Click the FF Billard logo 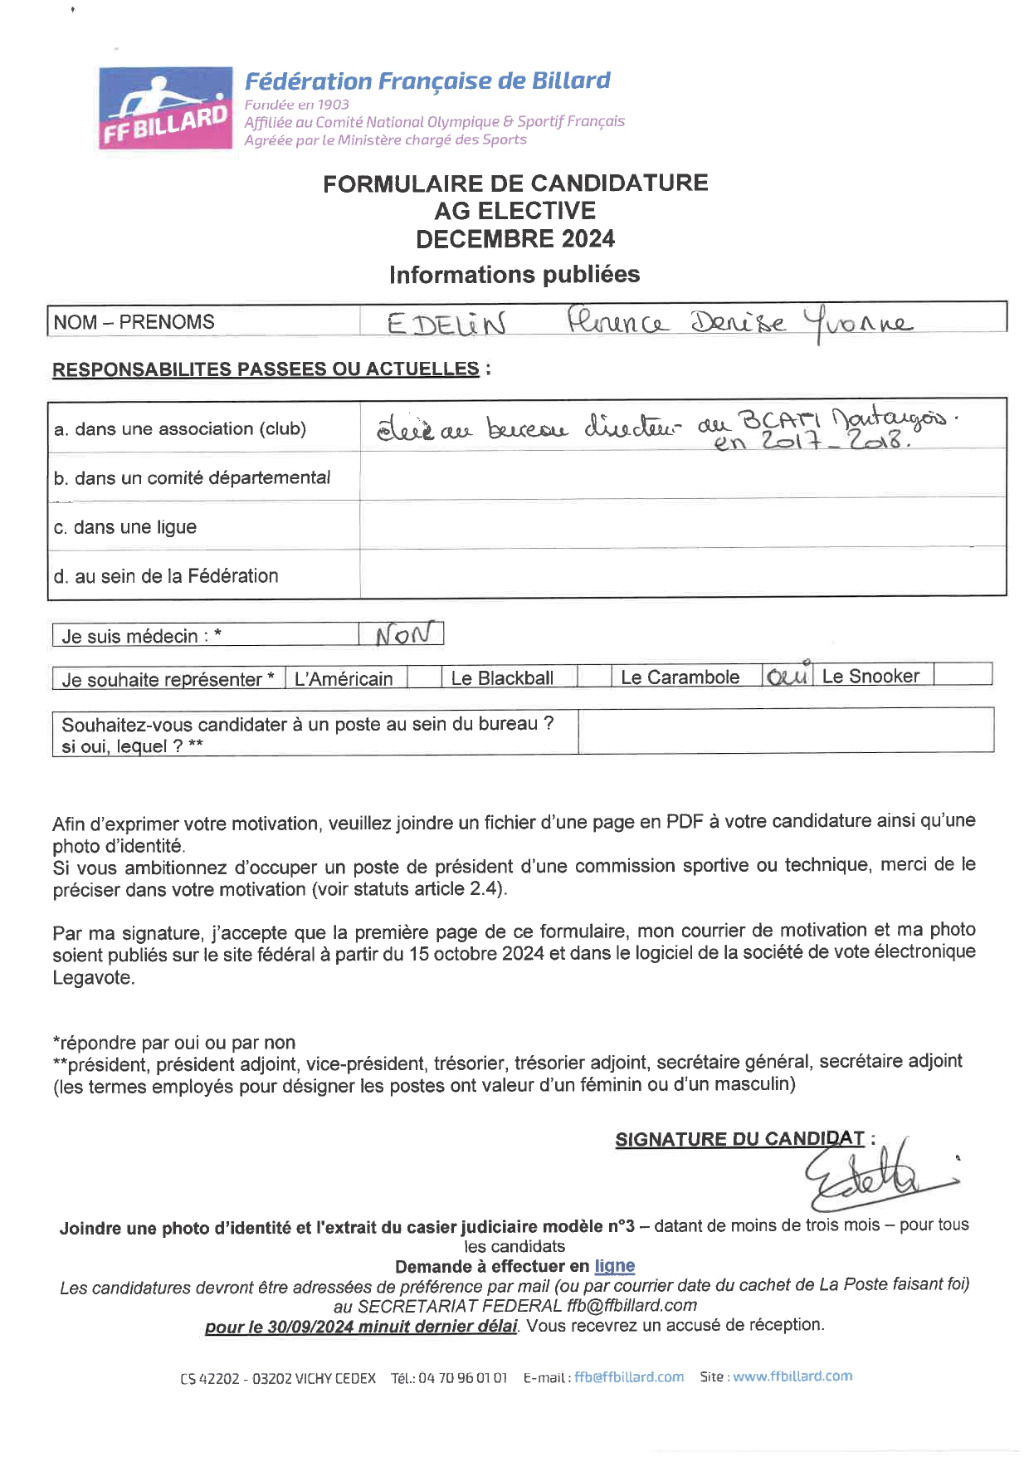165,109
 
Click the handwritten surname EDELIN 446,323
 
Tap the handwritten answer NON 403,635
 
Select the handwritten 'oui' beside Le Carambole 787,677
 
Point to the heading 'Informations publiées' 514,275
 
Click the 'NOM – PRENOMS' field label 134,322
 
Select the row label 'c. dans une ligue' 125,527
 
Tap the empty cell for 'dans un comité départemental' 682,477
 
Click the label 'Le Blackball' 502,678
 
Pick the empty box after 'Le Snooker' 963,675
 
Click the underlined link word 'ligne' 614,1266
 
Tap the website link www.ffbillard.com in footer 792,1376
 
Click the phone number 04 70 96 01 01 462,1378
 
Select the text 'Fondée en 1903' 296,105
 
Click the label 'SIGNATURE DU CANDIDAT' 739,1139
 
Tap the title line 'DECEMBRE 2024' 515,239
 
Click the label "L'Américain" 344,679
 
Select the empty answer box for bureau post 785,731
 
